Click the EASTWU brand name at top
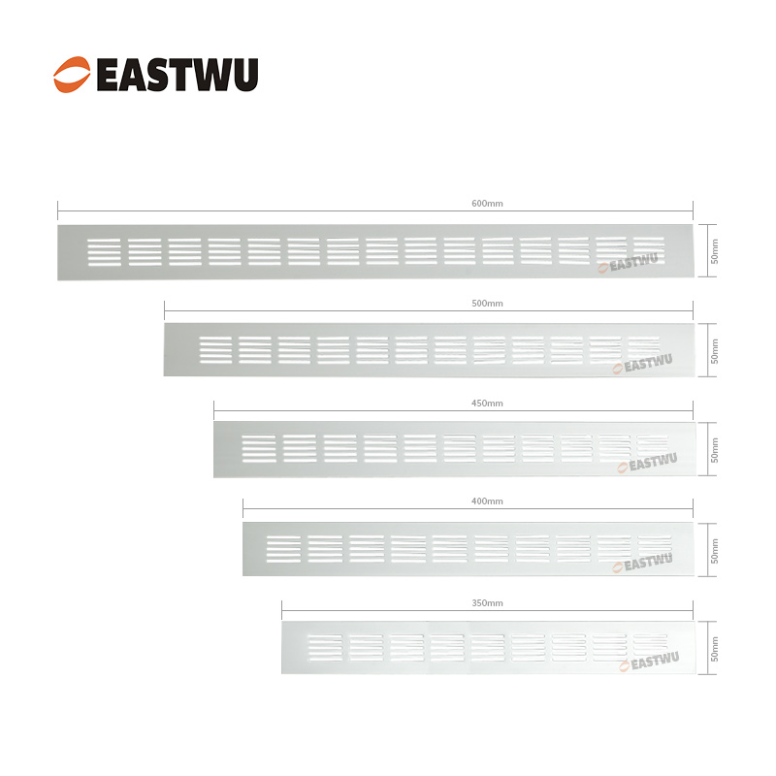(x=178, y=75)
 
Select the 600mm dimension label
(x=487, y=204)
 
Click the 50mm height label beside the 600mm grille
(x=715, y=252)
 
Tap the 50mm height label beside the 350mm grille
(x=715, y=648)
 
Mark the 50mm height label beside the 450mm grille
(x=715, y=450)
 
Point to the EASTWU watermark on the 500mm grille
(x=648, y=365)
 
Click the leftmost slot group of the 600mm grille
(x=105, y=251)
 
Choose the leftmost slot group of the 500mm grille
(x=215, y=350)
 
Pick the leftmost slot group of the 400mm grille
(x=283, y=549)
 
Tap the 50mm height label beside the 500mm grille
(x=715, y=351)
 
